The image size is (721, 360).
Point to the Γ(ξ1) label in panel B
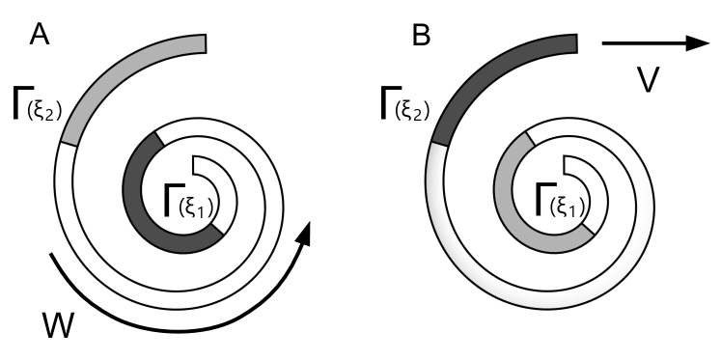coord(563,205)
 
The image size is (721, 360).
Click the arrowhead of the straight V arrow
coord(698,42)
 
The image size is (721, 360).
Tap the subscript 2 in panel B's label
coord(425,115)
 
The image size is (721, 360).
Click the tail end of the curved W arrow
coord(51,254)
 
